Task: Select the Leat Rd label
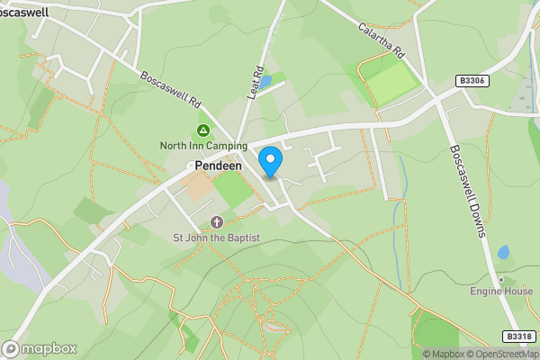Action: pyautogui.click(x=255, y=83)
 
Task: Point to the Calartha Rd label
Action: pyautogui.click(x=383, y=40)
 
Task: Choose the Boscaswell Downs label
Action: pyautogui.click(x=468, y=190)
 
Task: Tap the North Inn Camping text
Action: pyautogui.click(x=203, y=146)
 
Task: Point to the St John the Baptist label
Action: pyautogui.click(x=216, y=238)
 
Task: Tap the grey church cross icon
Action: pyautogui.click(x=216, y=221)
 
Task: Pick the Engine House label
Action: pyautogui.click(x=501, y=292)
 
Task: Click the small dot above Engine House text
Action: pyautogui.click(x=501, y=279)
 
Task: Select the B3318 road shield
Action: pyautogui.click(x=517, y=337)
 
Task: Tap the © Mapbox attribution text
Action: pyautogui.click(x=444, y=354)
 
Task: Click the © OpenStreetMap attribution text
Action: pyautogui.click(x=501, y=354)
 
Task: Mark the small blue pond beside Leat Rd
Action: pyautogui.click(x=265, y=80)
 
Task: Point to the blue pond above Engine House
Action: pyautogui.click(x=502, y=253)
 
